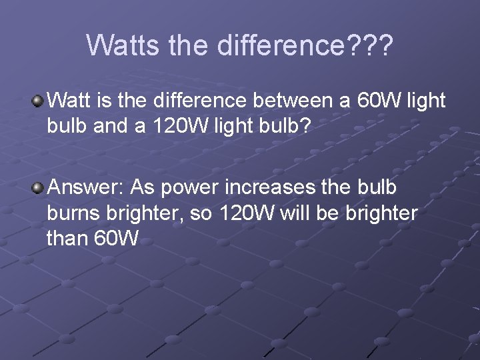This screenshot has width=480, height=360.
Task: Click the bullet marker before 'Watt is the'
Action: [39, 101]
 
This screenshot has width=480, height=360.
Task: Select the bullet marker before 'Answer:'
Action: [39, 187]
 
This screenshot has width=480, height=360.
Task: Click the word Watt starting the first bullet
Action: [71, 101]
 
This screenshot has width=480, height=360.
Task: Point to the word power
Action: [189, 187]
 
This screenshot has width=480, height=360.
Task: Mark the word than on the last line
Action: [67, 238]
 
